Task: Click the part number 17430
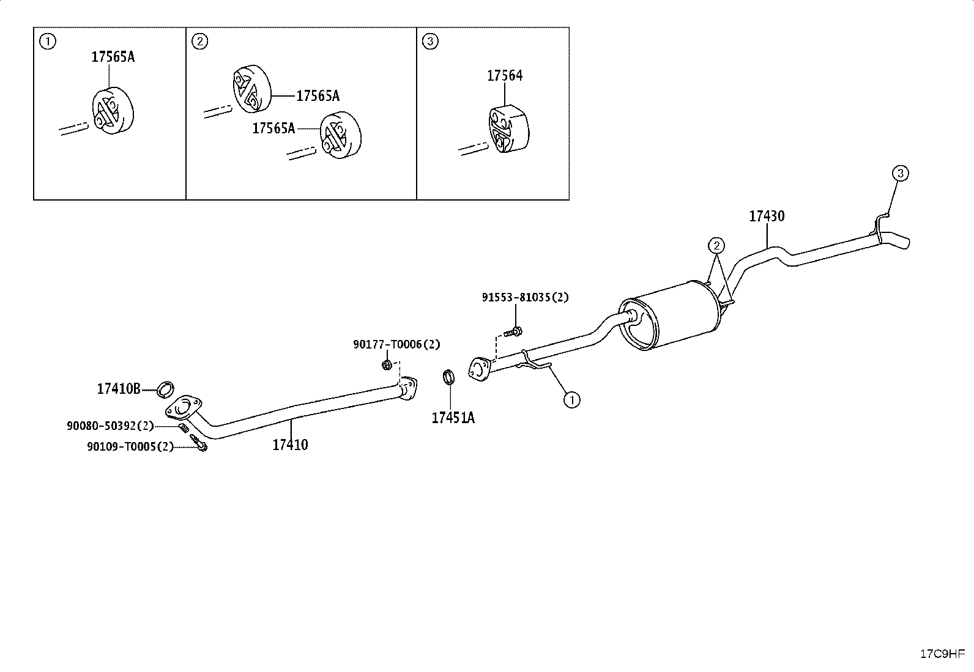767,216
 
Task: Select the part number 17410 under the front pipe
290,445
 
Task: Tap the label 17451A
453,418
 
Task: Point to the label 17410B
119,389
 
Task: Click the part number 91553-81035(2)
526,297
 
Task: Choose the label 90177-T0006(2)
396,344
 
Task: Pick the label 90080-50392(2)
111,426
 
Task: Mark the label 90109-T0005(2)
130,446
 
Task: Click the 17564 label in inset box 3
505,76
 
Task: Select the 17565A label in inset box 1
113,57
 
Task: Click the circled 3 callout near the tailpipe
901,174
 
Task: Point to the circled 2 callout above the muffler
716,246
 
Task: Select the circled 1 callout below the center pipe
572,399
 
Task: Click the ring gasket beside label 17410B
165,390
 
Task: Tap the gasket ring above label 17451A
448,377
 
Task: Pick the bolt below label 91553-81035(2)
513,333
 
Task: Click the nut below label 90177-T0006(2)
387,365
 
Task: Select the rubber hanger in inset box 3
508,128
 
